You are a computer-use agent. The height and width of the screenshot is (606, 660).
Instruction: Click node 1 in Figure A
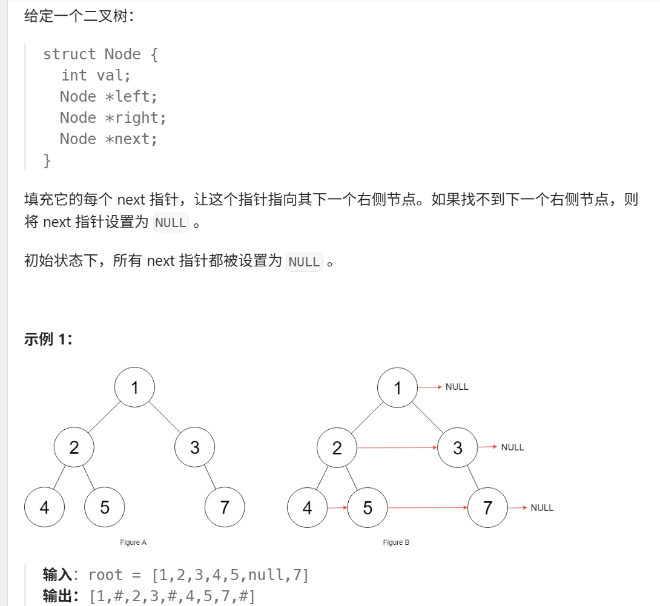click(x=134, y=387)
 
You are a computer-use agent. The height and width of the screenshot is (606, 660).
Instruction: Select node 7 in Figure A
click(x=225, y=507)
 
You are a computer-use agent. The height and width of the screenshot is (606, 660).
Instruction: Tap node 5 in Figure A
click(x=105, y=507)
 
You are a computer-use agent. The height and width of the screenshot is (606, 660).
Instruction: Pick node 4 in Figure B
click(x=307, y=507)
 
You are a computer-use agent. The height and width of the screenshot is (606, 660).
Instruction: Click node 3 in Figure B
click(x=457, y=447)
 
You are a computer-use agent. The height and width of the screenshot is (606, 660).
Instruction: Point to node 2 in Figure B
click(x=337, y=447)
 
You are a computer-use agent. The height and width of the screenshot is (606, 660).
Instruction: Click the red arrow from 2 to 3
click(x=397, y=448)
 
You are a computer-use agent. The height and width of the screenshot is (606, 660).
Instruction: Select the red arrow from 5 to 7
click(x=427, y=507)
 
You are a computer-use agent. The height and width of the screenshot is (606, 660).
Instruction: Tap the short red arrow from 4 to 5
click(x=337, y=507)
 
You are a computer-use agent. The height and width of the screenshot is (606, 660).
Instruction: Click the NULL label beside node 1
click(x=457, y=387)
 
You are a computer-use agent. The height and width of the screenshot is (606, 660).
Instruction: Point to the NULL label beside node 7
click(x=542, y=508)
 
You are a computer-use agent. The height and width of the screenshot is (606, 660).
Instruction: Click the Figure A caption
click(x=133, y=542)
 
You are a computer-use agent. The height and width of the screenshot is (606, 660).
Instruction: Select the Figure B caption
click(x=396, y=542)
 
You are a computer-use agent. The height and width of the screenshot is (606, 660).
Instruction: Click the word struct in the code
click(x=69, y=54)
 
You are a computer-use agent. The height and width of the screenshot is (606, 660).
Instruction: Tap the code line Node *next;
click(x=108, y=139)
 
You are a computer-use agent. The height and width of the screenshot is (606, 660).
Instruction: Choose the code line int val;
click(x=96, y=76)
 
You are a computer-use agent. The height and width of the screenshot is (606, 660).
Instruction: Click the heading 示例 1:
click(x=48, y=339)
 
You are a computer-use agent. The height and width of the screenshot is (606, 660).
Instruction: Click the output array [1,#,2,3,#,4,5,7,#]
click(x=172, y=596)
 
